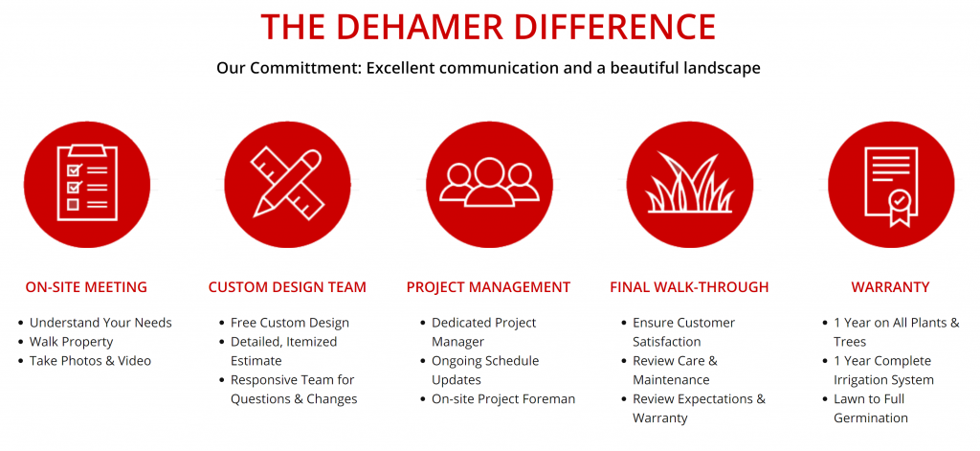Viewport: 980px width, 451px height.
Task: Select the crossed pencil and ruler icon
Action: tap(287, 181)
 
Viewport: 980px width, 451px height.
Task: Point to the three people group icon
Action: tap(489, 181)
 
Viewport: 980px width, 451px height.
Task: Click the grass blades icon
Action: tap(689, 182)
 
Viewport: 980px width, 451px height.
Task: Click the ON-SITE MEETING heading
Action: tap(86, 287)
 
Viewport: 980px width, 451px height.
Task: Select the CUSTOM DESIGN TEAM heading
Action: tap(287, 287)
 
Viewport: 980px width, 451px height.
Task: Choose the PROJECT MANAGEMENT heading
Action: tap(489, 287)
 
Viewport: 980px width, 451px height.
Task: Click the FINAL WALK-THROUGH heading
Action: tap(689, 287)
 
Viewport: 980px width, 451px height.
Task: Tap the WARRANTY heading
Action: tap(891, 287)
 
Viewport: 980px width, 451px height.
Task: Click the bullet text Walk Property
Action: tap(71, 342)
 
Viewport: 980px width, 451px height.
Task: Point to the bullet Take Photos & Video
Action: tap(91, 361)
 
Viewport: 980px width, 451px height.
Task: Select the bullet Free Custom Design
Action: tap(290, 323)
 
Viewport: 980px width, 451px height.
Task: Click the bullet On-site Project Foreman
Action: tap(503, 398)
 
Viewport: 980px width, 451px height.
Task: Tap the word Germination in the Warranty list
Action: tap(871, 417)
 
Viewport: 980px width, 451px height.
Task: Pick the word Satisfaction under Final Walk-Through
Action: tap(667, 342)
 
